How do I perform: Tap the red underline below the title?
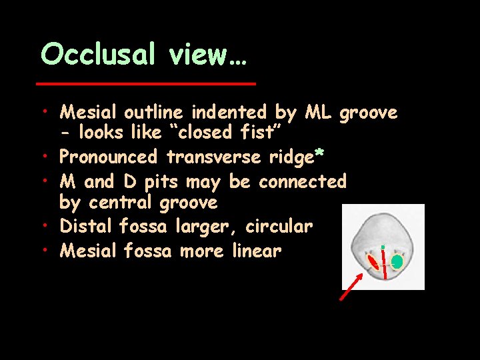146,83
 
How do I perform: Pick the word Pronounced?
109,157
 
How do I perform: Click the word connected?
303,181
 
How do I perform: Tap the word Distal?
87,227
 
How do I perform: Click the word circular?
279,227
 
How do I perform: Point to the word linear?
257,251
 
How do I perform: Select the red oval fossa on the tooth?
373,262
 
